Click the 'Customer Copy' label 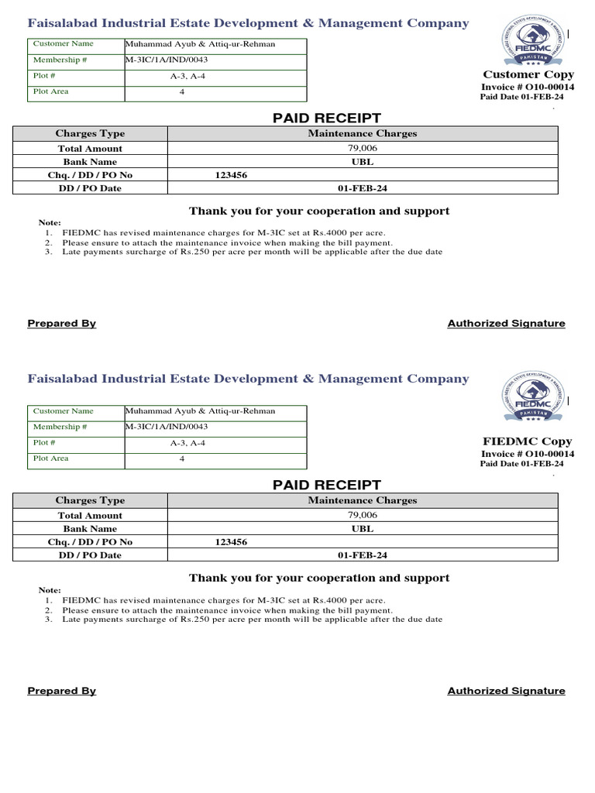(528, 74)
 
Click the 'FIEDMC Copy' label (528, 441)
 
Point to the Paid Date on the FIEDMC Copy (522, 464)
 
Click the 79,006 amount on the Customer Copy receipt (363, 148)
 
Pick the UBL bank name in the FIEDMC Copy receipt (363, 529)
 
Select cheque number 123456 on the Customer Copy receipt (231, 175)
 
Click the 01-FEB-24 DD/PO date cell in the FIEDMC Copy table (363, 555)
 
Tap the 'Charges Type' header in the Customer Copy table (90, 133)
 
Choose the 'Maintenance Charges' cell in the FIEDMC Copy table (363, 500)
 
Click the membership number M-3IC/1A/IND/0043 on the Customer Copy (167, 60)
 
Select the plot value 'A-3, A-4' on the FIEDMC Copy (188, 443)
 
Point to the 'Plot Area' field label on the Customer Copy (50, 91)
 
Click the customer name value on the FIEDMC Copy (200, 411)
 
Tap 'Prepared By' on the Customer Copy (62, 324)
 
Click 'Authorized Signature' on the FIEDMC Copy (506, 691)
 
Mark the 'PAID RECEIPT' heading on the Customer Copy (327, 118)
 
